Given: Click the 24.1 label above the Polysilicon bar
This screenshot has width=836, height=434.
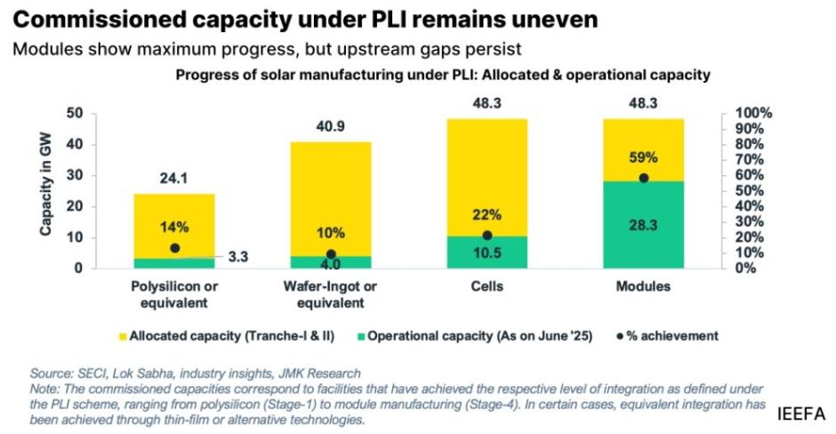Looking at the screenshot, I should coord(174,177).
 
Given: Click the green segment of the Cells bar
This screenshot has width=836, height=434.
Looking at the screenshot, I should coord(486,252).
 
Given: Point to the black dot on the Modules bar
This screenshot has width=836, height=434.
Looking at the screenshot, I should coord(644,178).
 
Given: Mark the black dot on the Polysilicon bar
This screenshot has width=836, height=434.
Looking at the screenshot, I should coord(174,248).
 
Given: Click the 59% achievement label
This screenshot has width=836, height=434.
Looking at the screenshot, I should coord(644,157).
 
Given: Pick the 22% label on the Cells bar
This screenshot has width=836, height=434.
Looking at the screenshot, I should coord(486,214).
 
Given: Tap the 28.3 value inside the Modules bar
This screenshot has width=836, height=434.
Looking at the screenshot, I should coord(644,226).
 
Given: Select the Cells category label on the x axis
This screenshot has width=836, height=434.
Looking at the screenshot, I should coord(486,287).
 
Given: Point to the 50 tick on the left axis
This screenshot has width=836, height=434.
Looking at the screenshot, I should coord(82,114).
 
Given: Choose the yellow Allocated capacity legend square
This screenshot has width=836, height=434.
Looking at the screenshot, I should coord(122,336).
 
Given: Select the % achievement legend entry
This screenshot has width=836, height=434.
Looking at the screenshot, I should coord(667,336).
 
